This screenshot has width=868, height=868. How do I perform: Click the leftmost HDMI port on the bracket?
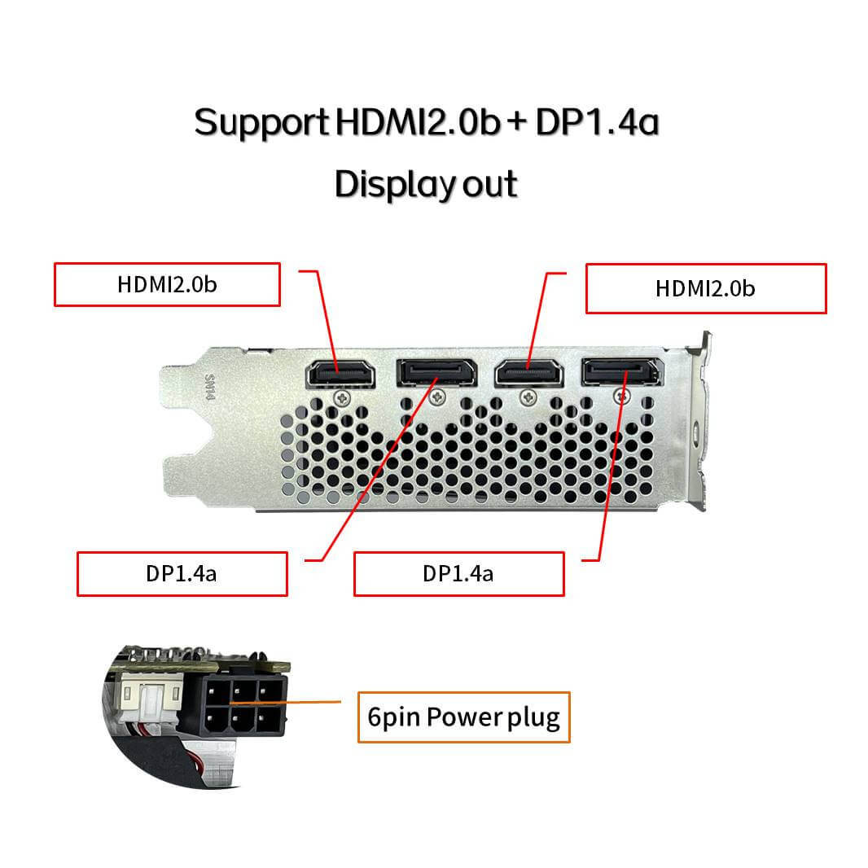(x=340, y=374)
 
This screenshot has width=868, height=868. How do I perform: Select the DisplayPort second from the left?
(x=436, y=373)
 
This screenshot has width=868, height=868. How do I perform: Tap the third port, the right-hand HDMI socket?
(x=529, y=373)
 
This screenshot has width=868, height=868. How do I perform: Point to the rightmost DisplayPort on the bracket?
(x=622, y=371)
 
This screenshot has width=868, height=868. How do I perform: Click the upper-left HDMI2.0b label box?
(x=167, y=284)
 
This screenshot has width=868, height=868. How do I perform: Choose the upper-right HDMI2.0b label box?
(x=706, y=288)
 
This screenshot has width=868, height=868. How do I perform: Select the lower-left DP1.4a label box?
(x=182, y=574)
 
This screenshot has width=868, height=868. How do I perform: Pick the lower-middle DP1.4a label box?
(x=459, y=574)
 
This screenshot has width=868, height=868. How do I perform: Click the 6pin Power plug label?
(x=464, y=717)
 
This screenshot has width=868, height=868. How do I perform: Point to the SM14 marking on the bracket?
(x=209, y=387)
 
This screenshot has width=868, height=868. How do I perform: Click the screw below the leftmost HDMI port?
(x=344, y=397)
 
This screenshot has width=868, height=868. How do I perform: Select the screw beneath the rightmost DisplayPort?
(x=622, y=396)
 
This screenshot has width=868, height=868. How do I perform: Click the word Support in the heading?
(x=261, y=123)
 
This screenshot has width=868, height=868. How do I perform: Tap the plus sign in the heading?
(x=516, y=121)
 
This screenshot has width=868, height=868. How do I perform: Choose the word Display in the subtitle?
(x=395, y=184)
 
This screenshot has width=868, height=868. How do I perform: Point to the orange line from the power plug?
(x=286, y=703)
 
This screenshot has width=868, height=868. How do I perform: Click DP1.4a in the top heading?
(x=598, y=122)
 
